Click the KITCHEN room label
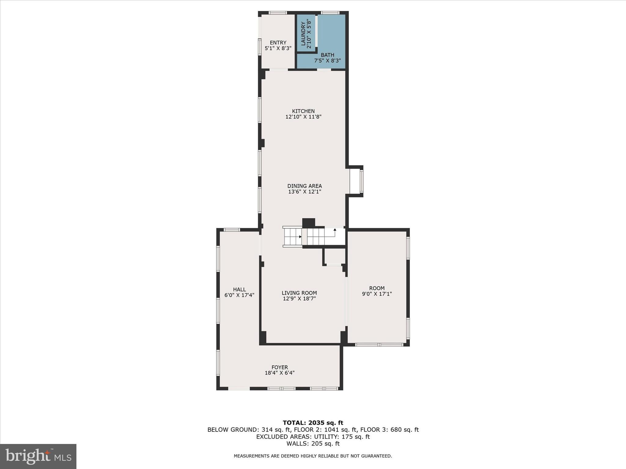coord(303,111)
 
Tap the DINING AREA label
coord(304,186)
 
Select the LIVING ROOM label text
coord(299,293)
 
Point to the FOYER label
coord(280,367)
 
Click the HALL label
coord(239,289)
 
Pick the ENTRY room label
coord(278,43)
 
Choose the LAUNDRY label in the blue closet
coord(303,34)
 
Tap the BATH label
coord(327,55)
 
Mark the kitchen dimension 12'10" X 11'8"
coord(303,117)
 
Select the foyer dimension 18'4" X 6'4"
coord(280,373)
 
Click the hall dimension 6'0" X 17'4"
coord(239,295)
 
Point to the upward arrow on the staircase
coord(335,230)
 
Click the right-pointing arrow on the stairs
coord(300,237)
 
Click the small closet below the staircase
coord(334,256)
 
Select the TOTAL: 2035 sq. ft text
coord(313,423)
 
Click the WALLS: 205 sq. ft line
coord(313,444)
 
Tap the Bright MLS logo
coord(38,456)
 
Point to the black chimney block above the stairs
coord(308,223)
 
